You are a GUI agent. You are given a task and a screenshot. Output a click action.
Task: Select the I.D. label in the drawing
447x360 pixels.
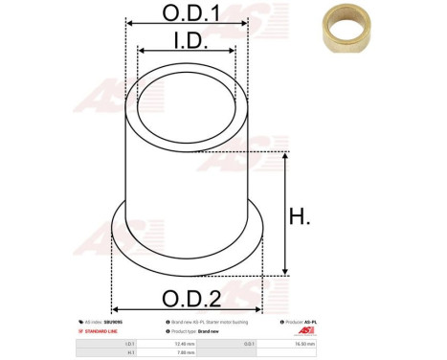[187, 39]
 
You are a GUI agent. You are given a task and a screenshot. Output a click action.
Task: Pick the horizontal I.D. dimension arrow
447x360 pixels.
[187, 52]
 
